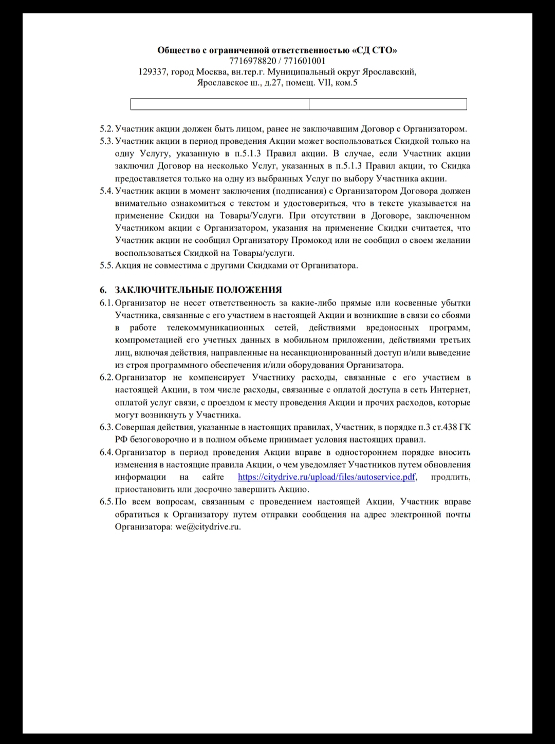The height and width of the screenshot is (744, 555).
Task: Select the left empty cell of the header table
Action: coord(219,104)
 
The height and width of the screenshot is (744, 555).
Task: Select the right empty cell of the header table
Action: coord(387,104)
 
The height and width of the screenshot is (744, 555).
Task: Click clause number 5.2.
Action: coord(106,129)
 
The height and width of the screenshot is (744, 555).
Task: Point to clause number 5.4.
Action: coord(106,191)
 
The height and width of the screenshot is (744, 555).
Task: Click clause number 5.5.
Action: coord(106,265)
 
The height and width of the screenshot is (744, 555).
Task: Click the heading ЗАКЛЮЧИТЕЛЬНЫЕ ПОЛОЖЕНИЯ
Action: coord(198,291)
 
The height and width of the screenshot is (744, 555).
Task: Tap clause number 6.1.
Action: coord(106,303)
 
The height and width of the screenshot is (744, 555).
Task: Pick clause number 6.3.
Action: coord(106,427)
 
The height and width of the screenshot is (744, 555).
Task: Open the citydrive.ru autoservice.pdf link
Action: coord(327,477)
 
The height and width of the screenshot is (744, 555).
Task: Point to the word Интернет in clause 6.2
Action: coord(451,390)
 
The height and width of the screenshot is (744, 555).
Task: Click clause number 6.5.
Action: coord(106,502)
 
